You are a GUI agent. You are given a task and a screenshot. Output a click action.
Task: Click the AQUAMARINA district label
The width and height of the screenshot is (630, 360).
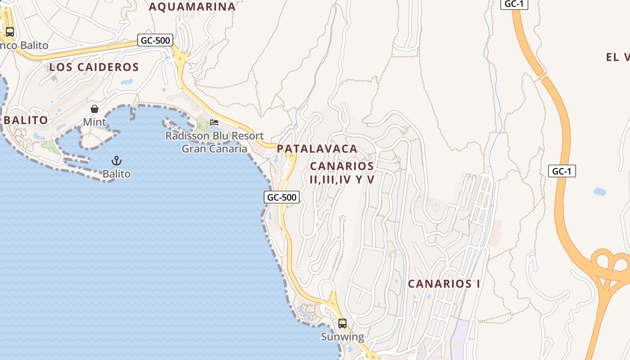coord(192,7)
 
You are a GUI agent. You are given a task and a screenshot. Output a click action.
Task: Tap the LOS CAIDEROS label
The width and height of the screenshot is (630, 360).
coord(94,67)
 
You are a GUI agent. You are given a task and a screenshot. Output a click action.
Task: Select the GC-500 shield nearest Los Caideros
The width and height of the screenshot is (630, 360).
coord(156,40)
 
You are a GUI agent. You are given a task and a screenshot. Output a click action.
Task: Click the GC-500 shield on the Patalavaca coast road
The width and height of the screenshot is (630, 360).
coord(282,197)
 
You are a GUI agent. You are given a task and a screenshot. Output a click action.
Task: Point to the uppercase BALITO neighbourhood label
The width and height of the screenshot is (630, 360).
coord(26,120)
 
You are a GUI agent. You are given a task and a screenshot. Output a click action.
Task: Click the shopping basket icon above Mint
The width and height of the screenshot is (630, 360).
coord(94,109)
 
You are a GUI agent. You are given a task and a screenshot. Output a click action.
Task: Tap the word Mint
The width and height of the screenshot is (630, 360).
coord(94,122)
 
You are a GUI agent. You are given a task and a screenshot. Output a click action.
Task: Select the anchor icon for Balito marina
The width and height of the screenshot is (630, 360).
coord(117,161)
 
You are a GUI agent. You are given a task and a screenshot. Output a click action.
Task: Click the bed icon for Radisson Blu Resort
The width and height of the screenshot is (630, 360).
coord(214,122)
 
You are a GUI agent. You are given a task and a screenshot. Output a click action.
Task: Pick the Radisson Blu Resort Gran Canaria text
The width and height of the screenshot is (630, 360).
coord(215,142)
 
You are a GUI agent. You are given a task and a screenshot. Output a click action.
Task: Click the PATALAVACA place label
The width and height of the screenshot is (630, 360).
coord(317,148)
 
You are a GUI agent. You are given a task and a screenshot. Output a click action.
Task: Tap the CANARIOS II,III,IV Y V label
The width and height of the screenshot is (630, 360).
coord(342,173)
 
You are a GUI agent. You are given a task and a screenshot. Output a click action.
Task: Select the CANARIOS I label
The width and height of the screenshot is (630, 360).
coord(444,284)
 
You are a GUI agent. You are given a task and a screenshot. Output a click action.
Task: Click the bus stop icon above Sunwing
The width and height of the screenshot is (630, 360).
coord(342,324)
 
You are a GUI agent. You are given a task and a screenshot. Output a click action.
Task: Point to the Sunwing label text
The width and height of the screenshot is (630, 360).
coord(342,337)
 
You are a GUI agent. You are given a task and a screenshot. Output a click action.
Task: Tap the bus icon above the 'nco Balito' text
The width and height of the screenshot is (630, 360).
coord(10,32)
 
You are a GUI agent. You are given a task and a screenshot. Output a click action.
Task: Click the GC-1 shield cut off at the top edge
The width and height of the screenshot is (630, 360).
coord(514,4)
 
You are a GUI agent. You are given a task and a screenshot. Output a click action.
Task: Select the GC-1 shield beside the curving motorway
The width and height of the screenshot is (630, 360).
coord(562,171)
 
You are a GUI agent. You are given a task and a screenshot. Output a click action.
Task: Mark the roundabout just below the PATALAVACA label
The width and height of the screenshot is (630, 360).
coord(292,156)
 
